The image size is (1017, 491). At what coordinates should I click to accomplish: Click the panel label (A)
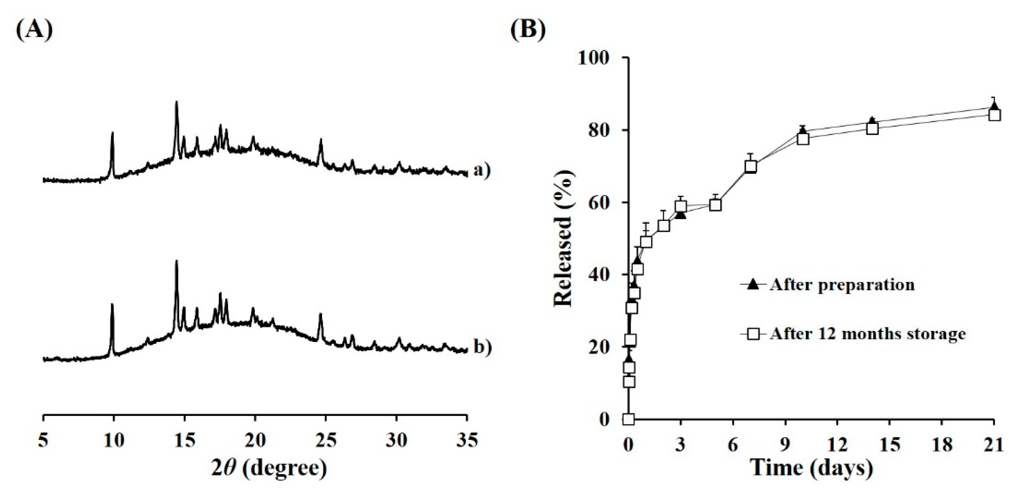pos(34,29)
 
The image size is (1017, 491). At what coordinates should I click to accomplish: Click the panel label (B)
pos(528,29)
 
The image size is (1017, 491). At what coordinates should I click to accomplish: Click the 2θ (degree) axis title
pos(269,468)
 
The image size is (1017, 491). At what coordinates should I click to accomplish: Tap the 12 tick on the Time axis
pos(837,445)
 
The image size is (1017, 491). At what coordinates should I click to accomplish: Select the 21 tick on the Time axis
pos(994,445)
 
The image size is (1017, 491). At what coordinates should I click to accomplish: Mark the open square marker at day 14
pos(873,129)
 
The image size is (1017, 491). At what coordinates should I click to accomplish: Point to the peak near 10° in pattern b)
pos(112,305)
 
